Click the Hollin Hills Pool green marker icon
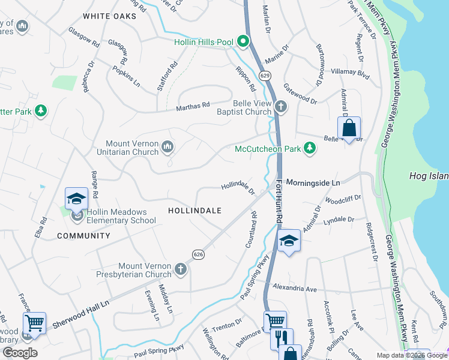pyautogui.click(x=243, y=42)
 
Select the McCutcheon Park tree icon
pyautogui.click(x=309, y=148)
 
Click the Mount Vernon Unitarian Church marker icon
pyautogui.click(x=168, y=147)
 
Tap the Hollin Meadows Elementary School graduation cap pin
pyautogui.click(x=77, y=199)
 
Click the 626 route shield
pyautogui.click(x=199, y=254)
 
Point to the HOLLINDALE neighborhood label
pyautogui.click(x=194, y=211)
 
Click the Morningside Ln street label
pyautogui.click(x=313, y=182)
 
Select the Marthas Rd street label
pyautogui.click(x=192, y=106)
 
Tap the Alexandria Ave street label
pyautogui.click(x=294, y=289)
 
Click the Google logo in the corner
pyautogui.click(x=19, y=353)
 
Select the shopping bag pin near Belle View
pyautogui.click(x=349, y=128)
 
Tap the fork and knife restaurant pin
pyautogui.click(x=281, y=338)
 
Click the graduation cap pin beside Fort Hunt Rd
pyautogui.click(x=289, y=241)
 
